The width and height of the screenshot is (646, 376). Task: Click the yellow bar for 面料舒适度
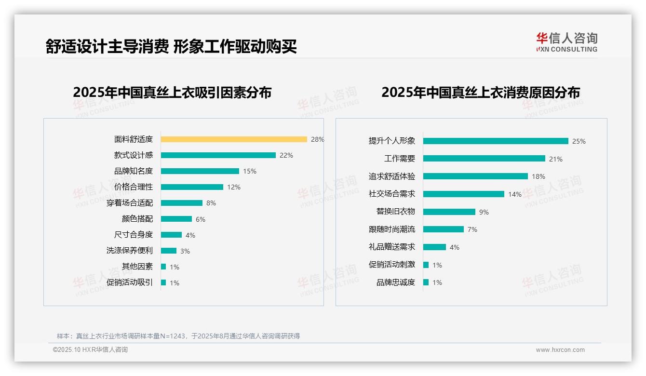[234, 139]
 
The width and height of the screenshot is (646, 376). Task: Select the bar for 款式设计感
[218, 155]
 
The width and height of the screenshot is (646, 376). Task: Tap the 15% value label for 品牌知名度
[250, 171]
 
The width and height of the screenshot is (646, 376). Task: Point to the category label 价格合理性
[134, 187]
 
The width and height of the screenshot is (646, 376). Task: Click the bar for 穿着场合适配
[182, 203]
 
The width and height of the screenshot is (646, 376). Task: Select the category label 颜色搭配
[137, 219]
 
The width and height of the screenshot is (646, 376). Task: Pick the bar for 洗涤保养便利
[169, 251]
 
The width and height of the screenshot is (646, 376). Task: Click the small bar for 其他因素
[163, 267]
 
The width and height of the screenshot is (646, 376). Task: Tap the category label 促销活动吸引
[130, 282]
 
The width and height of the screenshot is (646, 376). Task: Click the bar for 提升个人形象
[496, 141]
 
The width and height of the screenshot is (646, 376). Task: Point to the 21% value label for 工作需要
[556, 159]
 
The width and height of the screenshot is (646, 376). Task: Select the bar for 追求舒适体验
[475, 176]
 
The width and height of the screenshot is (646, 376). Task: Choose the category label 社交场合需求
[392, 194]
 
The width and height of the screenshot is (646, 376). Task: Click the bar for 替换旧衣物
[449, 212]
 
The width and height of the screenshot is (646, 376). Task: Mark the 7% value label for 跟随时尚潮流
[472, 229]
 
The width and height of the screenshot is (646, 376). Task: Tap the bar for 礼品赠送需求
[434, 247]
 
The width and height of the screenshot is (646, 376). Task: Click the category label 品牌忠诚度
[396, 282]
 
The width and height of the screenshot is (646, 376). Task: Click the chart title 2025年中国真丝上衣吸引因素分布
[172, 93]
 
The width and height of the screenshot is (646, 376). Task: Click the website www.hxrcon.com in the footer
[560, 350]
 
